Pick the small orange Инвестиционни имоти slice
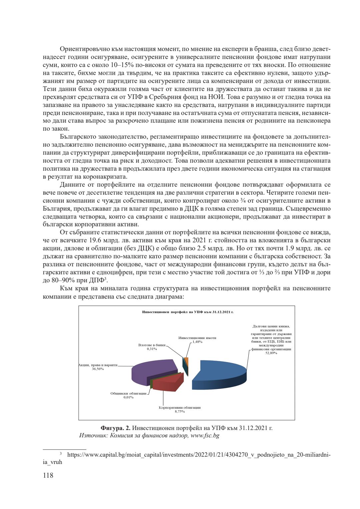(187, 361)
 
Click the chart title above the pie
(188, 312)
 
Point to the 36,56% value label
(98, 369)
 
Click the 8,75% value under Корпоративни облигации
(180, 411)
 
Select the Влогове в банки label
(152, 345)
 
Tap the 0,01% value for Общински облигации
(128, 397)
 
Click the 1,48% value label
(197, 342)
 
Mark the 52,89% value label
(271, 353)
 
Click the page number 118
(48, 475)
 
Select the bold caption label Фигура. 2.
(115, 428)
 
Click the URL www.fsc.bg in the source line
(205, 436)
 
